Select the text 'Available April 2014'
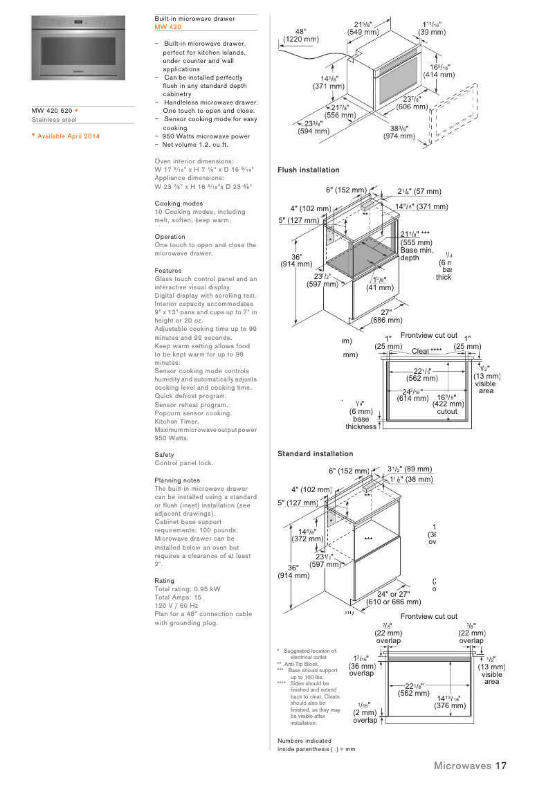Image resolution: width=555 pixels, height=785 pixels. point(69,136)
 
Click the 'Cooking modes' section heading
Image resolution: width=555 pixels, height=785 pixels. point(179,204)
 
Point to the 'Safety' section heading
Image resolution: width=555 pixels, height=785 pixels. point(165,455)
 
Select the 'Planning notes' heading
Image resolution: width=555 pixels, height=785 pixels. point(177,480)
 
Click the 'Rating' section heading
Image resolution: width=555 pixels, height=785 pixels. point(165,581)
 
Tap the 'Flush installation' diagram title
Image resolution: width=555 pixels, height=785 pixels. point(309,170)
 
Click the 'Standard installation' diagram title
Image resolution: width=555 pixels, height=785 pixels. point(315,454)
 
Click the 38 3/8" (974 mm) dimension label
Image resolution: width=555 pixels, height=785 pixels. point(399,132)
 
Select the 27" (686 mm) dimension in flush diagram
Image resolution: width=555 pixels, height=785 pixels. point(386,316)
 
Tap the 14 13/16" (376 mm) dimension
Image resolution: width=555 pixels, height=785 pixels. point(450,702)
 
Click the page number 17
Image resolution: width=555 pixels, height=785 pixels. point(501,766)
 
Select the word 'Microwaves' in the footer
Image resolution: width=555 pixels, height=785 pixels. point(462,766)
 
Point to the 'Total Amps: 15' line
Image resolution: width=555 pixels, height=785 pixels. point(178,597)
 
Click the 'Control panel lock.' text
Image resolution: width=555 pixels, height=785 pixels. point(184,463)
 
